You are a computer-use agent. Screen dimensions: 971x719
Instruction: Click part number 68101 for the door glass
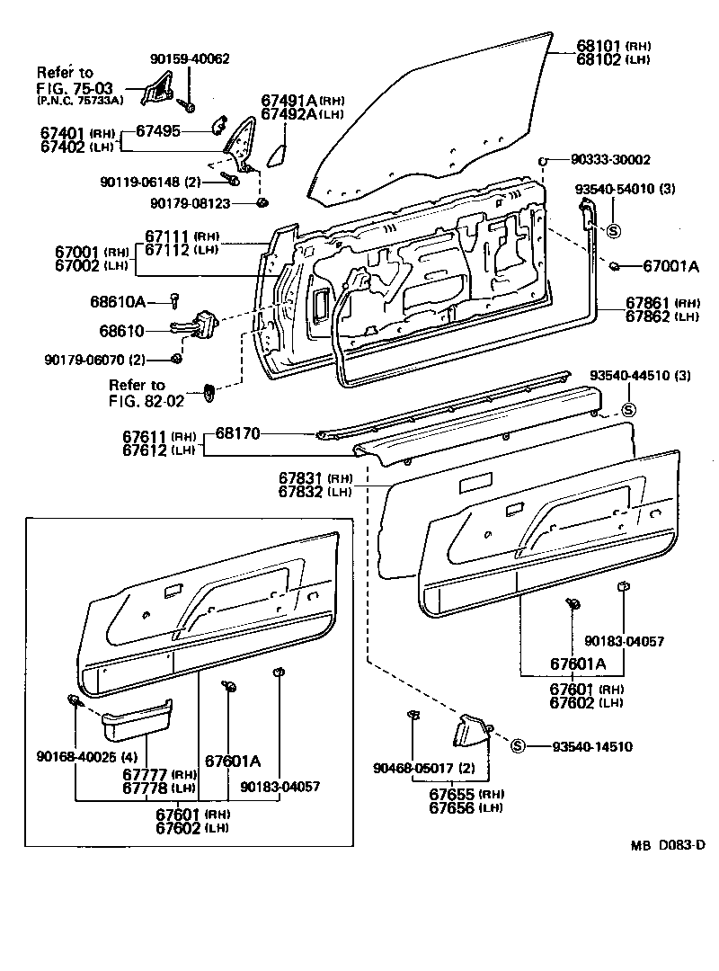[x=599, y=44]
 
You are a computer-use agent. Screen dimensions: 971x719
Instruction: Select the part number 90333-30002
[x=610, y=159]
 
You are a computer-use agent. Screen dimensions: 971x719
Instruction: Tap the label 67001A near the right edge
[x=670, y=266]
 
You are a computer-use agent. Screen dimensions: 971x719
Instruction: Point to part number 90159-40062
[x=190, y=58]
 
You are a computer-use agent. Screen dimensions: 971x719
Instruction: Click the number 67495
[x=158, y=131]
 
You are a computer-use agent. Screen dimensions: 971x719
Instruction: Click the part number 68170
[x=237, y=433]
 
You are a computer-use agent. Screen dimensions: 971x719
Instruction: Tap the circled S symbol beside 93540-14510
[x=518, y=745]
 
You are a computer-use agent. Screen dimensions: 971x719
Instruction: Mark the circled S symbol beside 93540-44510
[x=629, y=410]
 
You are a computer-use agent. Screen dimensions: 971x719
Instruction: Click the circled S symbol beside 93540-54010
[x=614, y=228]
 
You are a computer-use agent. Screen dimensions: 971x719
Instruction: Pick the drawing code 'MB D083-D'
[x=669, y=845]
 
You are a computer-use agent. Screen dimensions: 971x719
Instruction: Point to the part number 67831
[x=301, y=477]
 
